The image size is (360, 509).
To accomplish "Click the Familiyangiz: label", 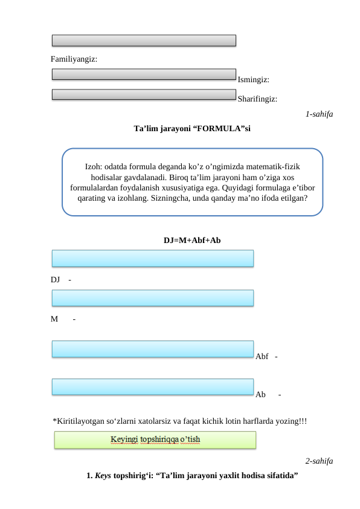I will pos(74,60).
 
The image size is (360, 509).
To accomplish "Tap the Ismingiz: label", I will pos(254,79).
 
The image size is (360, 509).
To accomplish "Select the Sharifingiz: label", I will pos(258,99).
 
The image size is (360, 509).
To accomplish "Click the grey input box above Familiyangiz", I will pos(144,41).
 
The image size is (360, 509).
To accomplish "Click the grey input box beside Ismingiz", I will pos(144,74).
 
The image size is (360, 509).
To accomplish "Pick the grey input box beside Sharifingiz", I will pos(144,94).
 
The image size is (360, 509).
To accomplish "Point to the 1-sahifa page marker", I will pos(319,114).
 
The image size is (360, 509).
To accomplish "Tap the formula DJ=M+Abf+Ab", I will pos(192,239).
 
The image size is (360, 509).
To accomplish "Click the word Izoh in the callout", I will pos(94,166).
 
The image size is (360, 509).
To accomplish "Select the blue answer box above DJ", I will pos(152,259).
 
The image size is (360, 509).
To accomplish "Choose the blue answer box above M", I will pos(152,297).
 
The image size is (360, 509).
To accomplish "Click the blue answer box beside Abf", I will pos(152,349).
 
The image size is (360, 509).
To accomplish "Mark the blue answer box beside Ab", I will pos(152,387).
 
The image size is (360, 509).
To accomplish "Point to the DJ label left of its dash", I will pos(56,280).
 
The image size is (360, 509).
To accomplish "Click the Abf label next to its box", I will pos(262,356).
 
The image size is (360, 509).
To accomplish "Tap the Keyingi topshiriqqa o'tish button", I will pos(155,439).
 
